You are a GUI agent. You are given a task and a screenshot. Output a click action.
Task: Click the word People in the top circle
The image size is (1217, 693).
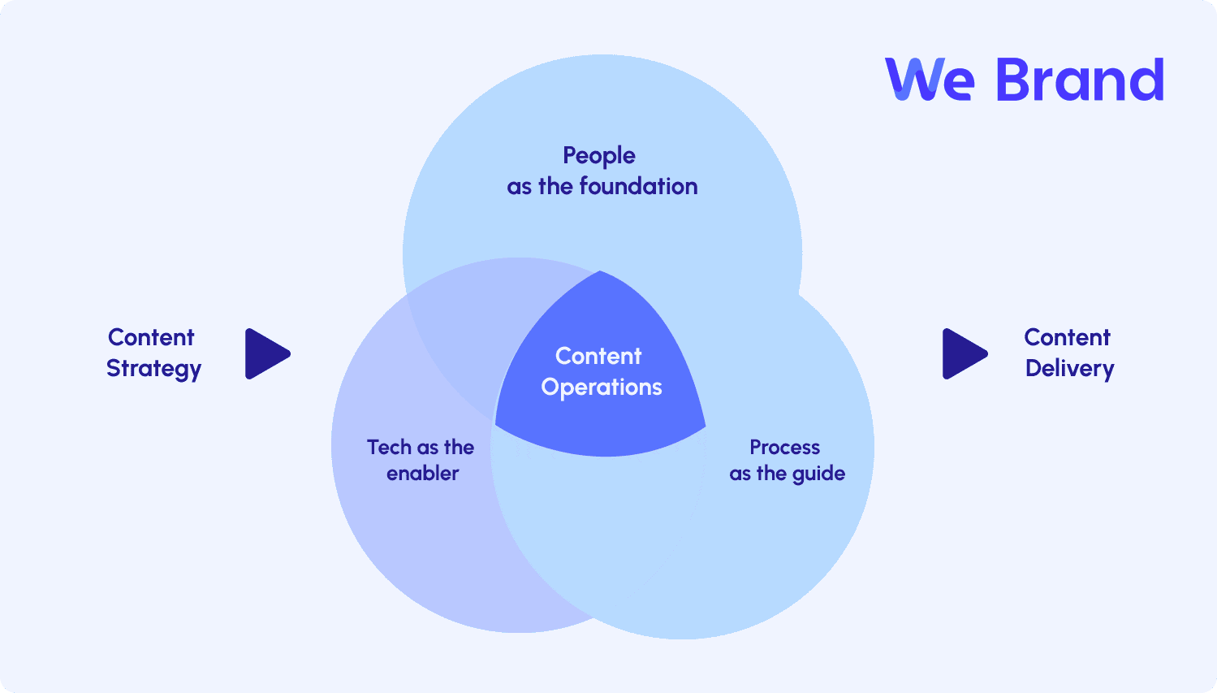click(598, 157)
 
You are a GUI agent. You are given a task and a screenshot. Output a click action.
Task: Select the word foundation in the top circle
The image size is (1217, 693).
click(638, 186)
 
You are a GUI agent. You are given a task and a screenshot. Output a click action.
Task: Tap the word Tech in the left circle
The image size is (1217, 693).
click(389, 448)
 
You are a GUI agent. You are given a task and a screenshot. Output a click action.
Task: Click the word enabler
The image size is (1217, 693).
click(423, 473)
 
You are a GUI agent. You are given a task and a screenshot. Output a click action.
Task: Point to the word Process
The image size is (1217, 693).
click(784, 448)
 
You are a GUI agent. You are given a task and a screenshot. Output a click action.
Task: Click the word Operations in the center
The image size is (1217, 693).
click(602, 388)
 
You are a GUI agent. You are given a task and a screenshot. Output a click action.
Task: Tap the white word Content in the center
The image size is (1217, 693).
click(598, 356)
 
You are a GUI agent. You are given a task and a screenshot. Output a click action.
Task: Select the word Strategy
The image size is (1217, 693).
click(153, 369)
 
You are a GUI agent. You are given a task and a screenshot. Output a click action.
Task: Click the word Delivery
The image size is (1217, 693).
click(1069, 369)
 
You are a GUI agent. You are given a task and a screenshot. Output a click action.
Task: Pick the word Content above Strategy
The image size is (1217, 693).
click(151, 337)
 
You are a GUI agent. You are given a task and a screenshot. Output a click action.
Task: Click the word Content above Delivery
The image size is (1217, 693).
click(1067, 337)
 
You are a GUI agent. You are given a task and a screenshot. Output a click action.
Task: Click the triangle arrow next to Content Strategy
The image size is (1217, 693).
click(265, 353)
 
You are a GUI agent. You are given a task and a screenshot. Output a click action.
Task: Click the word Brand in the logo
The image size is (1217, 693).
click(1080, 80)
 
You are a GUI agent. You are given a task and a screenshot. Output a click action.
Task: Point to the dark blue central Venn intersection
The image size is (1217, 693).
click(600, 375)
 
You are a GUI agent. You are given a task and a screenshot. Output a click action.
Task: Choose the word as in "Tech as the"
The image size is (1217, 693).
click(428, 449)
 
